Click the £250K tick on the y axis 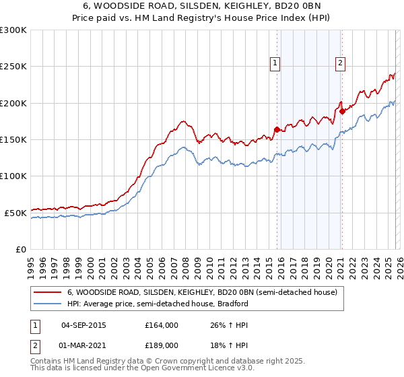(x=13, y=67)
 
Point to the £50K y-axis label (x=15, y=213)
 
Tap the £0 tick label (x=20, y=249)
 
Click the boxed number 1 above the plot (x=276, y=63)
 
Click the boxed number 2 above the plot (x=341, y=63)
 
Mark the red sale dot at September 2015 (x=277, y=129)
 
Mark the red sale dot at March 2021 (x=342, y=111)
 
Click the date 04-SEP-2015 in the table (x=83, y=324)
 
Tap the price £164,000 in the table (x=162, y=324)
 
